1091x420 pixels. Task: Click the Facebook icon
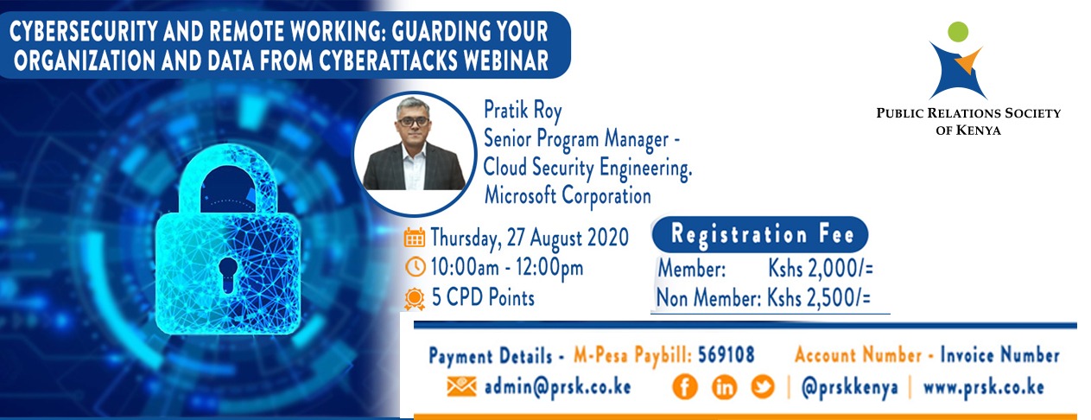tap(685, 387)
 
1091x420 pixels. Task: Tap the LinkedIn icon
tap(724, 387)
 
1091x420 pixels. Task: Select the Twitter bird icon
tap(763, 387)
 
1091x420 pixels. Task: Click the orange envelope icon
tap(461, 387)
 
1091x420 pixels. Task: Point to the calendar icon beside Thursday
tap(414, 238)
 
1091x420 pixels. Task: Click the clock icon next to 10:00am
tap(415, 267)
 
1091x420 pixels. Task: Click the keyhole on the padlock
tap(227, 274)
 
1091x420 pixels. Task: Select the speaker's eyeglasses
tap(413, 120)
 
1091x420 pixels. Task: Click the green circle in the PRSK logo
tap(958, 32)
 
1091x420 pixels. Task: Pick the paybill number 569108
tap(726, 354)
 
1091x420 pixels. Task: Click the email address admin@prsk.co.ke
tap(558, 387)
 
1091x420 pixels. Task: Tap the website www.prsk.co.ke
tap(984, 387)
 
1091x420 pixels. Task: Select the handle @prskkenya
tap(850, 388)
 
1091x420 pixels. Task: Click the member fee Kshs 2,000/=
tap(821, 269)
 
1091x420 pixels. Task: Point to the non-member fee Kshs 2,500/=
tap(819, 298)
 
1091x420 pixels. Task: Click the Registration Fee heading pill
tap(760, 234)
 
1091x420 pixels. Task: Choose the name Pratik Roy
tap(523, 110)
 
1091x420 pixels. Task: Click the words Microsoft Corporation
tap(568, 195)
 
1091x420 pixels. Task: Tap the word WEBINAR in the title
tap(505, 60)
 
